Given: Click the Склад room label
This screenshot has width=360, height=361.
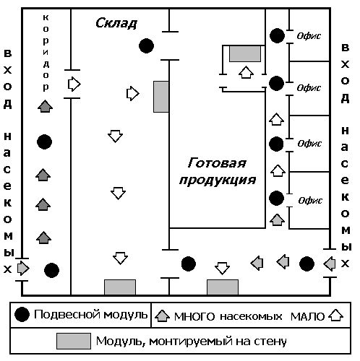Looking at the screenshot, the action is (x=116, y=23).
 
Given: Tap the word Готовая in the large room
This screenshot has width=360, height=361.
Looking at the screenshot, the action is (x=217, y=163).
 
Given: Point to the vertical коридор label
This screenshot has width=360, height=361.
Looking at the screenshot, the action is (x=46, y=53).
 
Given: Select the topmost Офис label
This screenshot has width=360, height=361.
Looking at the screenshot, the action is (x=309, y=36).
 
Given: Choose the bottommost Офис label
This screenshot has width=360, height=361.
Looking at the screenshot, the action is (x=310, y=201).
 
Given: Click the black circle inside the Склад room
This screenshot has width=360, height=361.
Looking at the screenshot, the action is (x=147, y=45).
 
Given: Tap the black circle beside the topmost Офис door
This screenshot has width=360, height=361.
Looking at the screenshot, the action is (x=277, y=35).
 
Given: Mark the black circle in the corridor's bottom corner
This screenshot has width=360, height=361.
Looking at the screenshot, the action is (x=51, y=270).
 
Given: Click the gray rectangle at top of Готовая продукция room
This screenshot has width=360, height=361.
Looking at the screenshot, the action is (x=245, y=53).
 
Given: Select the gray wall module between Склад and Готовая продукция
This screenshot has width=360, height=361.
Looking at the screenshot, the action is (x=161, y=97).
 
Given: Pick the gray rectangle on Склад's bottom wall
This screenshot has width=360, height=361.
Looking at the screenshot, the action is (x=120, y=287).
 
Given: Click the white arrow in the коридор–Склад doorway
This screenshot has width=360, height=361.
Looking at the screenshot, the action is (x=74, y=84).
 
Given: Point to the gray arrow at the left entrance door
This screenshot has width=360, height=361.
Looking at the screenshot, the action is (x=23, y=268).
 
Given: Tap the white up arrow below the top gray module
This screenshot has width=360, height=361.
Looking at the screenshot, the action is (x=246, y=72).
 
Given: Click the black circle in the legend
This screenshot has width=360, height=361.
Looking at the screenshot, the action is (x=22, y=314).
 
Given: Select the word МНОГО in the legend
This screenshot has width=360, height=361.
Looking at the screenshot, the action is (x=194, y=316).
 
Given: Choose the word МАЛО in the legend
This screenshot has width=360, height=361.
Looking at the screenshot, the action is (x=307, y=317).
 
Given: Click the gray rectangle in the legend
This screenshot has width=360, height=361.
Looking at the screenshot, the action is (x=74, y=341).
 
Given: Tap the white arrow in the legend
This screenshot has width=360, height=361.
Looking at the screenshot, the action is (x=335, y=316).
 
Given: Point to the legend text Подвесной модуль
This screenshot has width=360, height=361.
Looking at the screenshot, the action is (x=90, y=315).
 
